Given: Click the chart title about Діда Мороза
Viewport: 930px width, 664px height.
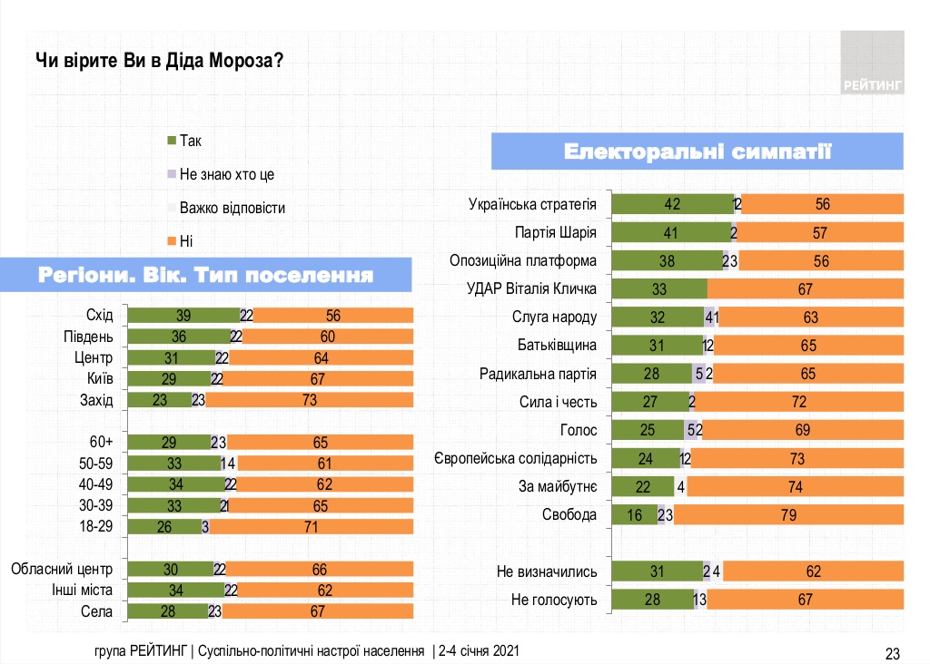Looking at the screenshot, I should (160, 61).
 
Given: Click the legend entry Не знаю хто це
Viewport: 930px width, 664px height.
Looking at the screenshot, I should (227, 174).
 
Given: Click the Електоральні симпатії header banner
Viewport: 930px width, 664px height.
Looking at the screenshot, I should (697, 151).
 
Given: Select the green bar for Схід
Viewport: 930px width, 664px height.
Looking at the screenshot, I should (183, 315).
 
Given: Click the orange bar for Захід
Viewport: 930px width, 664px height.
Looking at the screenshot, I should (309, 399).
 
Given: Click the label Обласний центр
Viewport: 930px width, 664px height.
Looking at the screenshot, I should (61, 570).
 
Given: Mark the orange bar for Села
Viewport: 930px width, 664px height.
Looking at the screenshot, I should (318, 611).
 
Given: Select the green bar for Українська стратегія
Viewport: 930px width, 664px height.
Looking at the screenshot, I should (672, 204).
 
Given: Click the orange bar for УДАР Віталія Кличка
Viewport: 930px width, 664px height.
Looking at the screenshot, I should (805, 289).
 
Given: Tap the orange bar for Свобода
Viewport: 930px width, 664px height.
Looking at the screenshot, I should (787, 515).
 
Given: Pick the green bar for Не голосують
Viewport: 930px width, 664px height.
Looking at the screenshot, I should (652, 600).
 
